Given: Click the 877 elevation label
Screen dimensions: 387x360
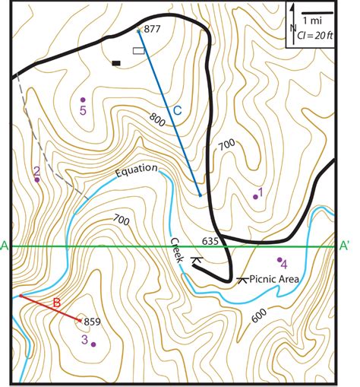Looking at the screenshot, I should point(152,29).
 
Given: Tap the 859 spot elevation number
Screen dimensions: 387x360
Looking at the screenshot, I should point(91,321).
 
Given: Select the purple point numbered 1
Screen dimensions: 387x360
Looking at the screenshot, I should point(255,197).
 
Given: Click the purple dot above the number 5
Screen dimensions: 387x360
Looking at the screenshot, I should point(83,100).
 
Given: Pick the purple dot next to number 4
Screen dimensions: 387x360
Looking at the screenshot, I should point(279,259).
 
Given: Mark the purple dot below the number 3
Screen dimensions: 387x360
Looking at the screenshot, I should point(93,344).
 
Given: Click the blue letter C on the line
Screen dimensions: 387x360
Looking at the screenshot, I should point(176,111).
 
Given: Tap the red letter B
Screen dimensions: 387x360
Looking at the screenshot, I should point(55,306).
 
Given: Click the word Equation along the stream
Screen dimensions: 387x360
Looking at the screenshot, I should point(137,169).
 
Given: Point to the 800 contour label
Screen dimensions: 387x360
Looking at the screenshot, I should point(158,119).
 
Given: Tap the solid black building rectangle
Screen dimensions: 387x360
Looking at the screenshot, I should point(116,63).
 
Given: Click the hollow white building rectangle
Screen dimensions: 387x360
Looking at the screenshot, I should point(138,51).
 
